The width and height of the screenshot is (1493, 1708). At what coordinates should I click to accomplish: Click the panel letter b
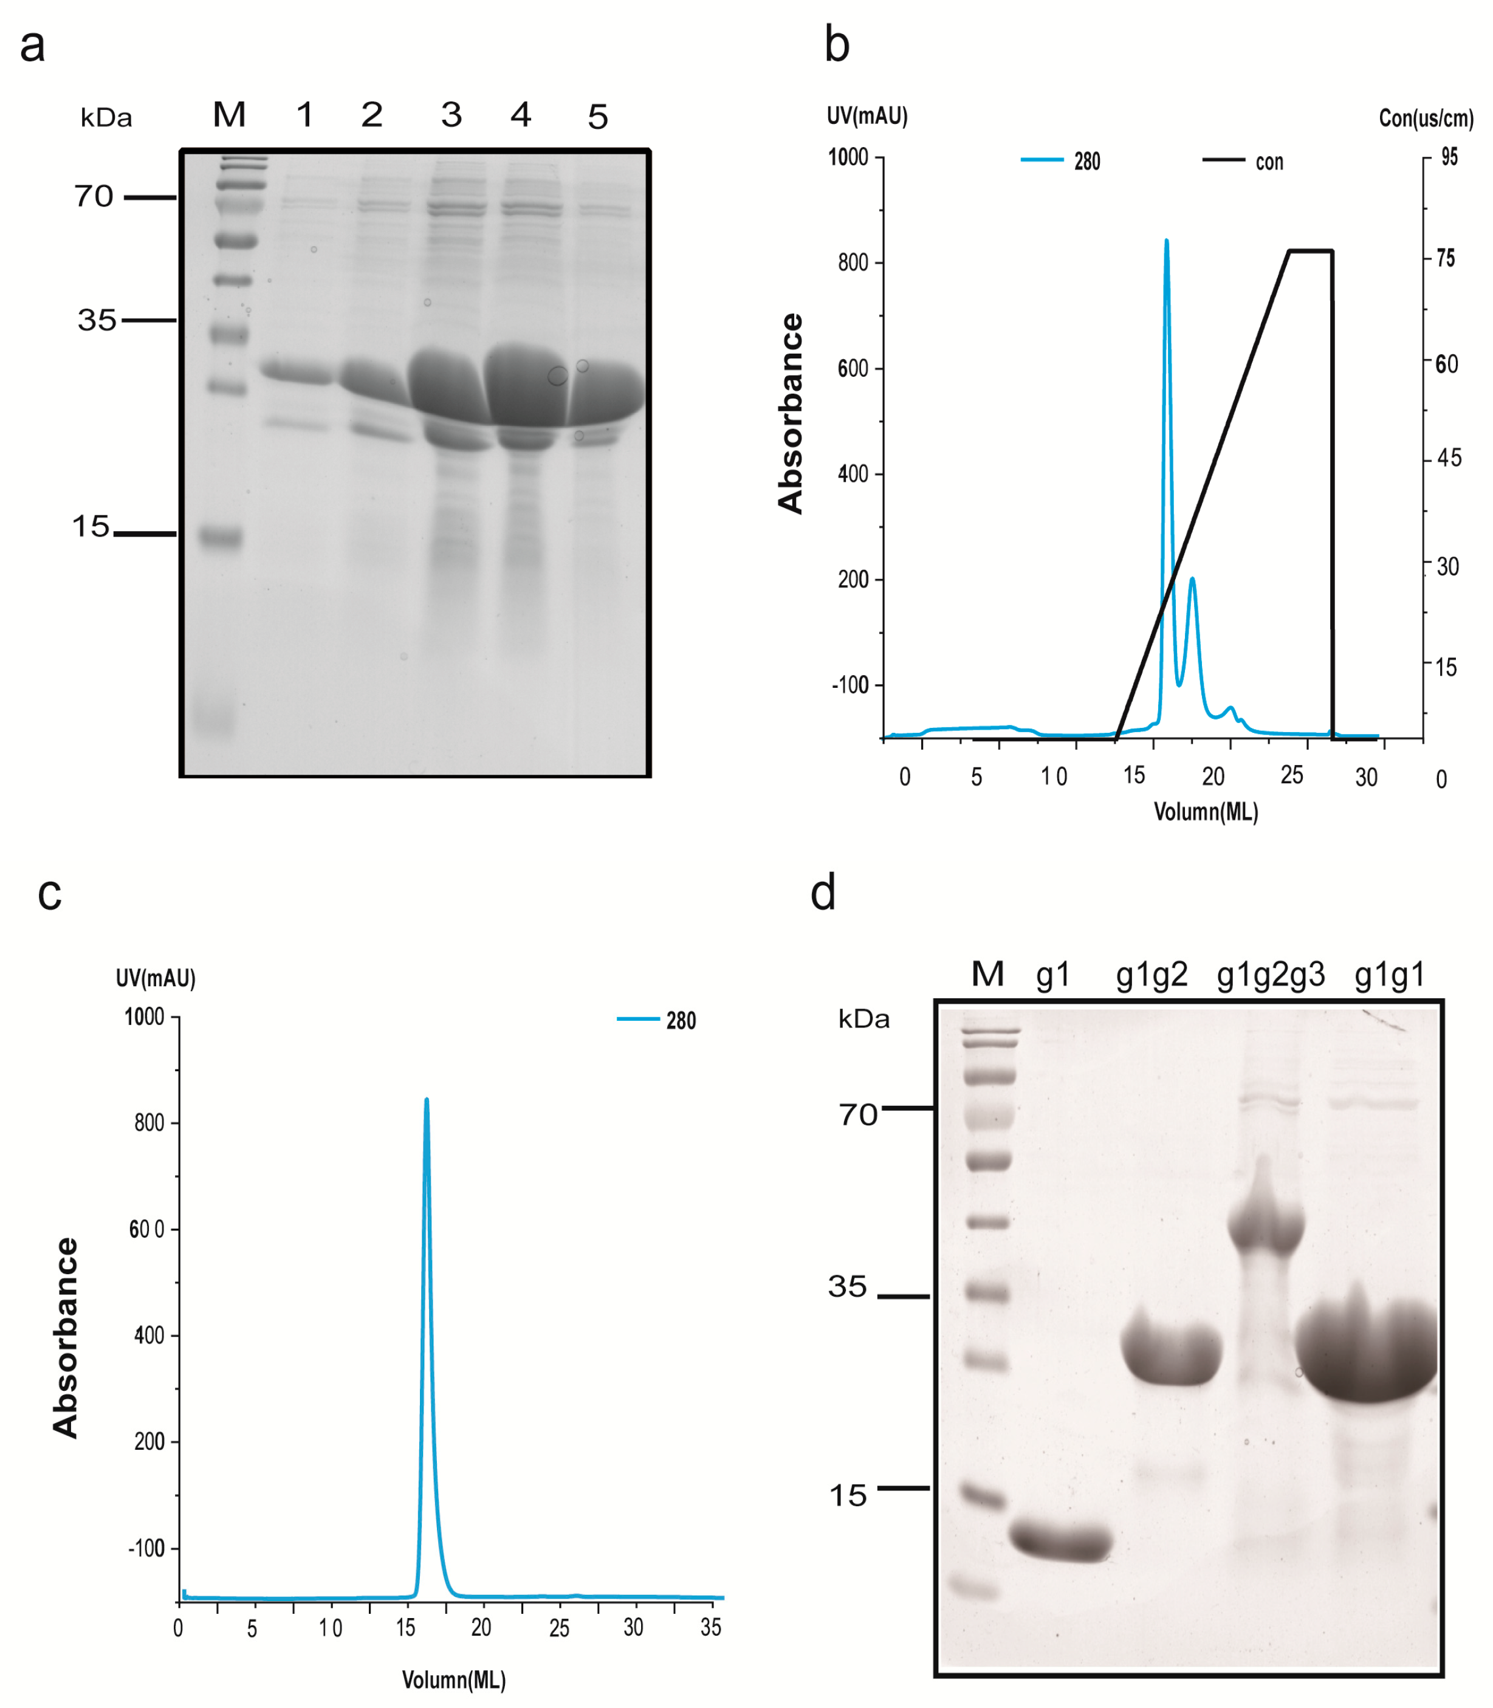pyautogui.click(x=837, y=45)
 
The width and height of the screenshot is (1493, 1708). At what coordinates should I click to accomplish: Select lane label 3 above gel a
pyautogui.click(x=451, y=115)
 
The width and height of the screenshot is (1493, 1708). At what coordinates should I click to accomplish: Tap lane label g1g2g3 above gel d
pyautogui.click(x=1270, y=974)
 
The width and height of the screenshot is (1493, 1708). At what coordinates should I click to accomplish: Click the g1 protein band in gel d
pyautogui.click(x=1060, y=1543)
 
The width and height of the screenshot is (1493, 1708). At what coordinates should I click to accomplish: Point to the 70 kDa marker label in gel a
pyautogui.click(x=94, y=197)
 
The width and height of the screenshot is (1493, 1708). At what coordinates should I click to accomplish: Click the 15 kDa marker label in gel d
pyautogui.click(x=847, y=1495)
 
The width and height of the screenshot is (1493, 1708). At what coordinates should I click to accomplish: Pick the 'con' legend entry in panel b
pyautogui.click(x=1268, y=162)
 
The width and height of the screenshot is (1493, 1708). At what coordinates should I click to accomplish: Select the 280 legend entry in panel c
pyautogui.click(x=680, y=1021)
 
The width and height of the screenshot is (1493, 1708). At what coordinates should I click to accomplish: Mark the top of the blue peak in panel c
pyautogui.click(x=427, y=1100)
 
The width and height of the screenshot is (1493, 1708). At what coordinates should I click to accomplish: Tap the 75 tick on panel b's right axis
pyautogui.click(x=1446, y=258)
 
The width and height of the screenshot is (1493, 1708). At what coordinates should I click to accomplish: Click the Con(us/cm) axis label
pyautogui.click(x=1426, y=118)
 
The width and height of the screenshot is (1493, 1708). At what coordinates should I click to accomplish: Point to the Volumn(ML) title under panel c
pyautogui.click(x=454, y=1679)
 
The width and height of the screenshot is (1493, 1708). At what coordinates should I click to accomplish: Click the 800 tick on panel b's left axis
pyautogui.click(x=853, y=262)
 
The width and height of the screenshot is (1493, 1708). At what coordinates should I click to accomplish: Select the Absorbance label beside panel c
pyautogui.click(x=65, y=1337)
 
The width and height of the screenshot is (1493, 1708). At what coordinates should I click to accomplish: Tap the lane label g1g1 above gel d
pyautogui.click(x=1389, y=974)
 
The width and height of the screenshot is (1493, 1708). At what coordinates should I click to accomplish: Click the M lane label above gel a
pyautogui.click(x=229, y=115)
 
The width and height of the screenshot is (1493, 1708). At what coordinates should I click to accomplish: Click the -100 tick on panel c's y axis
pyautogui.click(x=146, y=1549)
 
